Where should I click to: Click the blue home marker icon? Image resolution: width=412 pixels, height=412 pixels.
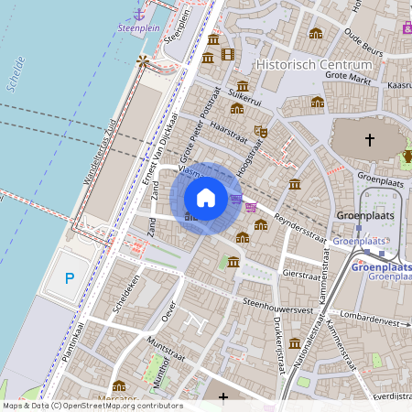coord(206,198)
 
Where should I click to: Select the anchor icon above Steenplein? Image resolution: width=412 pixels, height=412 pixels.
coord(139,13)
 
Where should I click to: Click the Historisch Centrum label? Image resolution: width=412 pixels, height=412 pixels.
coord(314,65)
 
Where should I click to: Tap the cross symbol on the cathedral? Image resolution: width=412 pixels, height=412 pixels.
coord(370,140)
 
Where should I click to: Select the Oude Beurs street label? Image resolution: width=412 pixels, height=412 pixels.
coord(364,41)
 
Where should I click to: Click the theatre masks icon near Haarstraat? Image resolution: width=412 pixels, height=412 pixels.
coord(260,131)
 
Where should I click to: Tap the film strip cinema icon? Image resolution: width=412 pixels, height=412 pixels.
coord(227,54)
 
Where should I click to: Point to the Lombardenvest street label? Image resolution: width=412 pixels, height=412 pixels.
coord(372,322)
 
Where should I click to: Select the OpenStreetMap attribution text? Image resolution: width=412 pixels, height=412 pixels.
coord(92,406)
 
